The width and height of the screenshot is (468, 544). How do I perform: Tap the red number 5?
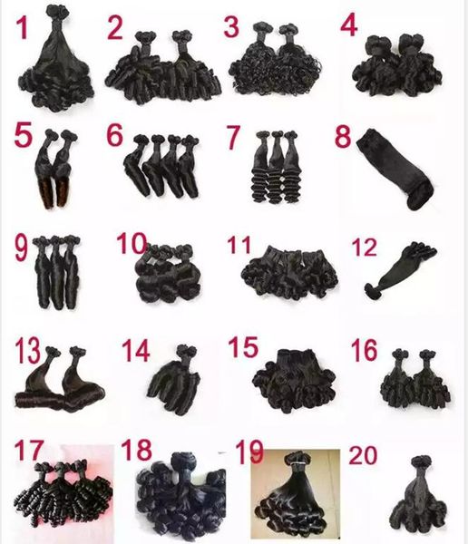tap(24, 140)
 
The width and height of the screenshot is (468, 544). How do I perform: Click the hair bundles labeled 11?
tap(288, 271)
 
